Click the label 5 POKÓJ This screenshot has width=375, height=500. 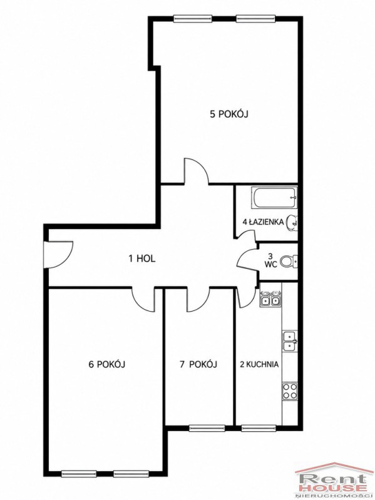(229, 114)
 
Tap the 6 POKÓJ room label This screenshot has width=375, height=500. (106, 364)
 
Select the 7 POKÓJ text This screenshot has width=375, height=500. (198, 364)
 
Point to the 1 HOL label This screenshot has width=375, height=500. (142, 258)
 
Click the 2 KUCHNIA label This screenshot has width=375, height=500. (259, 364)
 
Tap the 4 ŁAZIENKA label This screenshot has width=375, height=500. (263, 222)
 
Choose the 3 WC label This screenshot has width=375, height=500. (270, 260)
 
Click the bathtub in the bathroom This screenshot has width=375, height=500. (275, 197)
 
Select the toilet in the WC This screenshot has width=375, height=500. (289, 262)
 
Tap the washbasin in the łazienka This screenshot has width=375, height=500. (292, 222)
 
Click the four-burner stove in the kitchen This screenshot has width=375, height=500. (289, 391)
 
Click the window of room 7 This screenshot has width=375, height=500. (207, 427)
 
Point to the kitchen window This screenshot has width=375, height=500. (259, 427)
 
